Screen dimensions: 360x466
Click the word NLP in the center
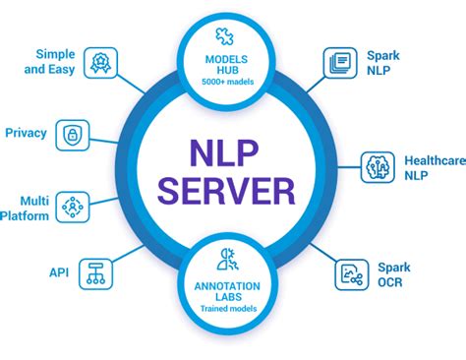click(x=233, y=153)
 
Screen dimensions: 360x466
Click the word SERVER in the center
click(x=233, y=190)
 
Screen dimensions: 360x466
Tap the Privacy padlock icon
click(x=73, y=132)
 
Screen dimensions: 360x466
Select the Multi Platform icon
click(x=73, y=206)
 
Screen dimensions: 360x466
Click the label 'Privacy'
click(x=27, y=132)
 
